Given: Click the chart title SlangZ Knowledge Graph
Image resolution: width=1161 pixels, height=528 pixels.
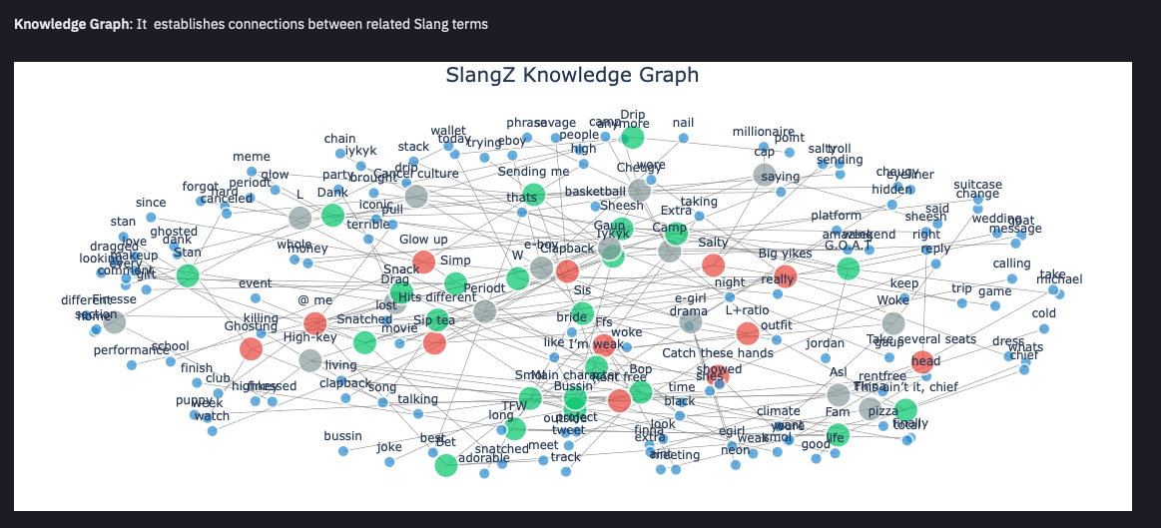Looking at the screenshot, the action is tap(572, 76).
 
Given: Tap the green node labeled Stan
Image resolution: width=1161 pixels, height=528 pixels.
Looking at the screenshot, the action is tap(188, 275).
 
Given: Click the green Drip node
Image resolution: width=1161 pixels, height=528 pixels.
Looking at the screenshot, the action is tap(633, 138).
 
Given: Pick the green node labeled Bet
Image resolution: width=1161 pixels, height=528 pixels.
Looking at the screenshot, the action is tap(446, 464).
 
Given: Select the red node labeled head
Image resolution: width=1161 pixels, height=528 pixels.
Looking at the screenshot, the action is tap(922, 362).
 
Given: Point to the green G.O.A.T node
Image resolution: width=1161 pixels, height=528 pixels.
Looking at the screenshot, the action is tap(848, 267).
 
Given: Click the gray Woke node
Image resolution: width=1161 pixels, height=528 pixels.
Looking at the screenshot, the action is tap(893, 323).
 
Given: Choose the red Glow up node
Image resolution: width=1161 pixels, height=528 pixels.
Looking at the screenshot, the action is tap(423, 262).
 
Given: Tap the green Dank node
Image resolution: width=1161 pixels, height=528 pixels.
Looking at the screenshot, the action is tap(332, 215).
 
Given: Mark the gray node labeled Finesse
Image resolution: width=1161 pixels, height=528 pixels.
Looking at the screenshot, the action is tap(115, 321).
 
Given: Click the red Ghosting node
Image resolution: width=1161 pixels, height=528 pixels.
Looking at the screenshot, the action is tap(251, 348).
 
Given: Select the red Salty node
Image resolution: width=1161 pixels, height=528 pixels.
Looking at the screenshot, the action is tap(713, 264).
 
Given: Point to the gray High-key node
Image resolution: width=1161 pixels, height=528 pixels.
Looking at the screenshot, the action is tap(310, 360).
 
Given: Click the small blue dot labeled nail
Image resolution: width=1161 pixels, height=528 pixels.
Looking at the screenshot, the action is tap(684, 138).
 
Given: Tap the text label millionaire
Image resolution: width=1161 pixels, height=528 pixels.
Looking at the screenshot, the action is tap(764, 132).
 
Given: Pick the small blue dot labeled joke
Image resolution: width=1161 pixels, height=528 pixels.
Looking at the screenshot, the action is tap(389, 462).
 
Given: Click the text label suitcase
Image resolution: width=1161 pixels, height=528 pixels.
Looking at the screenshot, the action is tap(978, 185).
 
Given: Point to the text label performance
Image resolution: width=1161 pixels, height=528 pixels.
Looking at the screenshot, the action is tap(131, 350).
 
